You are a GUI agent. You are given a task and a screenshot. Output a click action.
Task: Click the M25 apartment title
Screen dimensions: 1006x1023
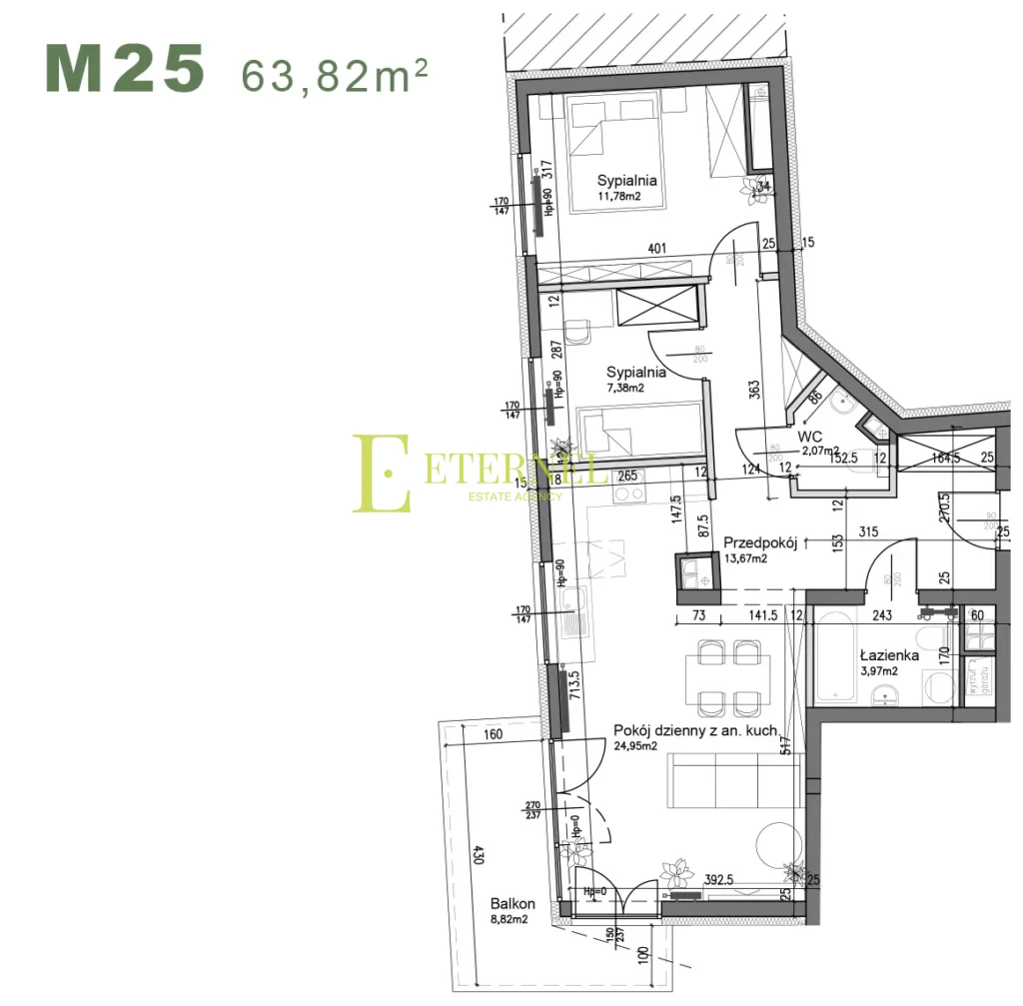pyautogui.click(x=125, y=69)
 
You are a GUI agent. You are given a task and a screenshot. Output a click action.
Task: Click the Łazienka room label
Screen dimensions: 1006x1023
pyautogui.click(x=889, y=655)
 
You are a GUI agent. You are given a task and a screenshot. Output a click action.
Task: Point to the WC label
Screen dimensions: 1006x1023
pyautogui.click(x=809, y=437)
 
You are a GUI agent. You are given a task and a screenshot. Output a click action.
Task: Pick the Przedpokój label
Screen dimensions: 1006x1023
pyautogui.click(x=759, y=542)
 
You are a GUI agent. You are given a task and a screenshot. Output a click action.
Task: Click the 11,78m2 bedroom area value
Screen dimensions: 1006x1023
pyautogui.click(x=618, y=196)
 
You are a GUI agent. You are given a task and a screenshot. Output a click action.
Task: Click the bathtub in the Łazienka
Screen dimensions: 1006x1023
pyautogui.click(x=834, y=660)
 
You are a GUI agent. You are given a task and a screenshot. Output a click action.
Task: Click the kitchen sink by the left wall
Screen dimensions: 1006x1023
pyautogui.click(x=572, y=612)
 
